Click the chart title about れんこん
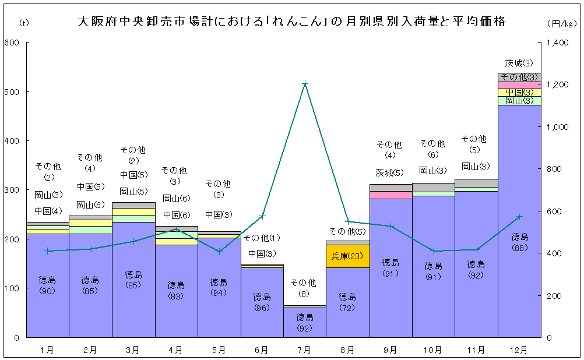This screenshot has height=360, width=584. click(x=291, y=22)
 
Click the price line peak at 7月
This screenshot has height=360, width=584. click(x=305, y=84)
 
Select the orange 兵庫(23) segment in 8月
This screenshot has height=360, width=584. click(x=347, y=256)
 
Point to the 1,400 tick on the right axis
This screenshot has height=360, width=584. click(x=559, y=43)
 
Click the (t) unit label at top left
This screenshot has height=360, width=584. click(x=23, y=23)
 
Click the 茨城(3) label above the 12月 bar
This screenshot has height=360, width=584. click(x=519, y=63)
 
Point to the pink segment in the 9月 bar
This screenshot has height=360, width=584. click(x=390, y=195)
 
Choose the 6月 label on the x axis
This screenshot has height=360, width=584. click(x=262, y=350)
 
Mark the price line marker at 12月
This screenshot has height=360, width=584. click(x=519, y=217)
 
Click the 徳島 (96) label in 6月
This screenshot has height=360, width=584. click(x=262, y=302)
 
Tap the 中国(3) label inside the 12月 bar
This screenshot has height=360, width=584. click(x=519, y=93)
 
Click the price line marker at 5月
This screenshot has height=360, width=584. click(x=219, y=252)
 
